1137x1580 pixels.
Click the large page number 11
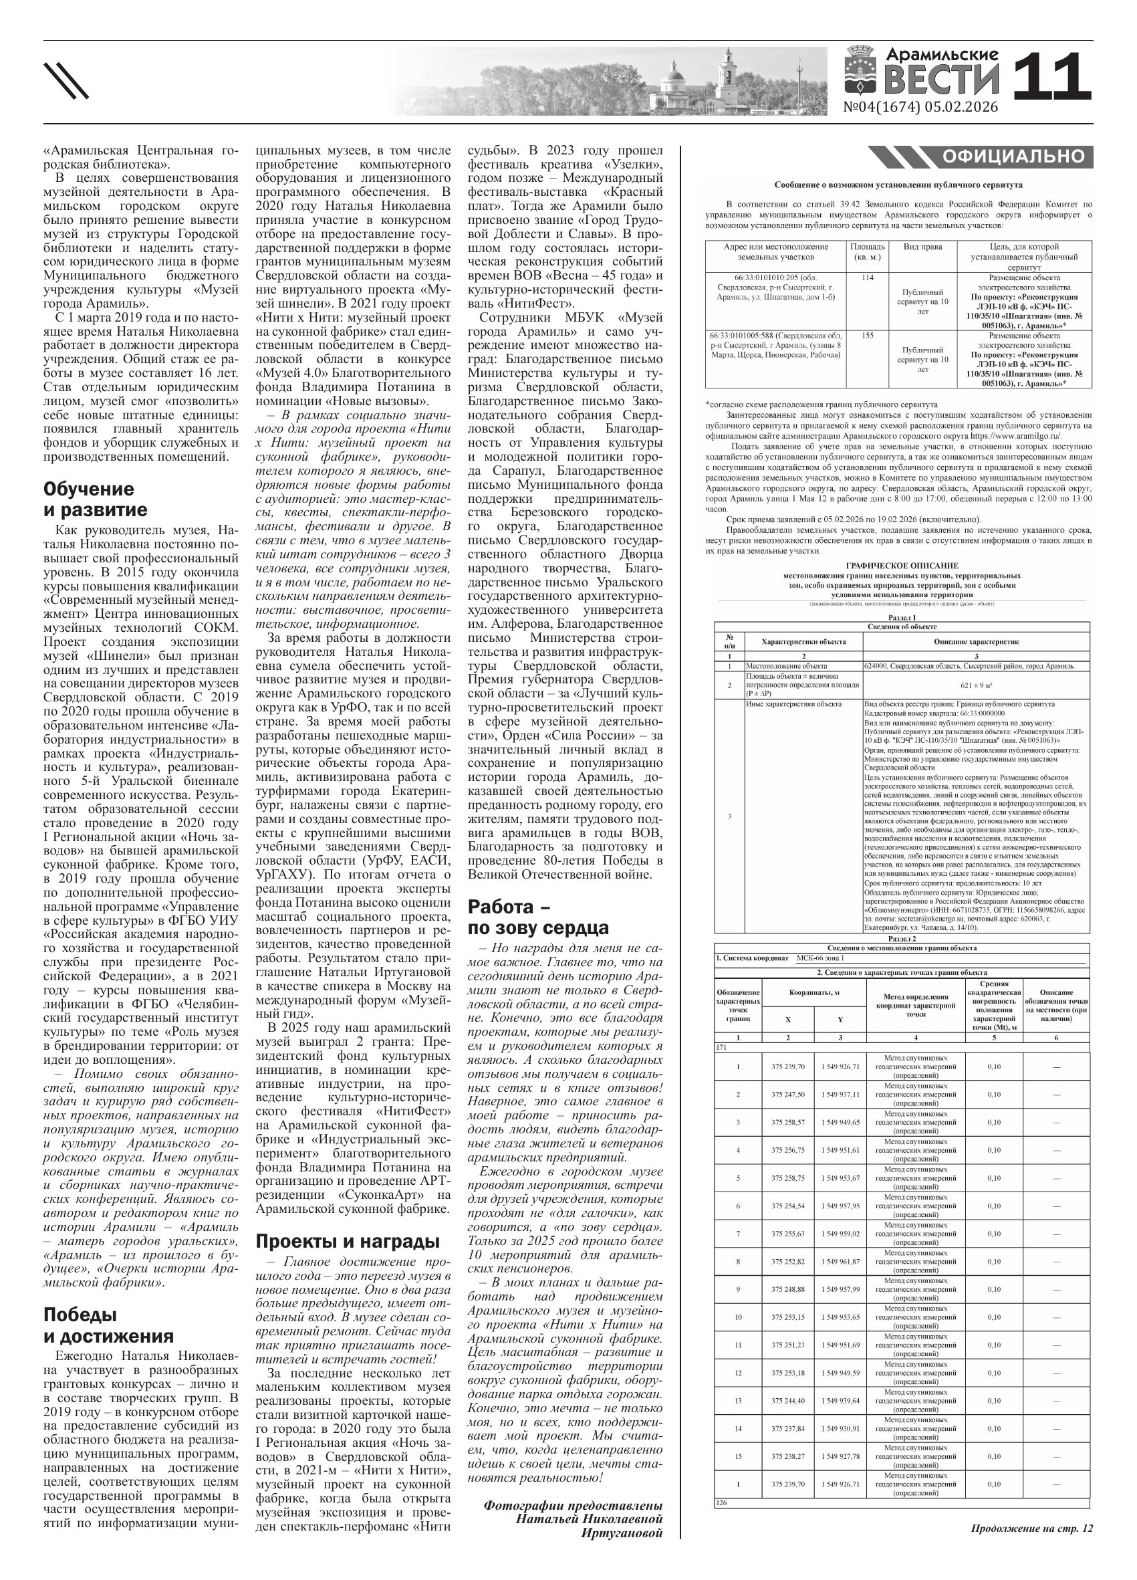[x=1051, y=77]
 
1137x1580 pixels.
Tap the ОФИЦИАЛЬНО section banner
[x=1013, y=156]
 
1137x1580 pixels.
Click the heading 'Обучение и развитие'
[x=96, y=499]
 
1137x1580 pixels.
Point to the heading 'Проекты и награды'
[x=348, y=1241]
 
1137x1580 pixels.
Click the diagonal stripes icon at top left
[x=66, y=80]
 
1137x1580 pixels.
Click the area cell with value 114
[x=867, y=277]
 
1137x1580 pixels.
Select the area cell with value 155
[x=867, y=335]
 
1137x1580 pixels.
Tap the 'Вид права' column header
[x=922, y=247]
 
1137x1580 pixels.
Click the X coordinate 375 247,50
[x=787, y=1094]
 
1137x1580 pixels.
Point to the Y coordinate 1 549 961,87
[x=840, y=1261]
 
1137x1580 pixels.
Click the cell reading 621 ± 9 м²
[x=975, y=685]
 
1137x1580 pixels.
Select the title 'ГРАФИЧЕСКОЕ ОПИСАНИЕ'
[x=902, y=566]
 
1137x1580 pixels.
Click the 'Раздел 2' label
[x=902, y=938]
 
